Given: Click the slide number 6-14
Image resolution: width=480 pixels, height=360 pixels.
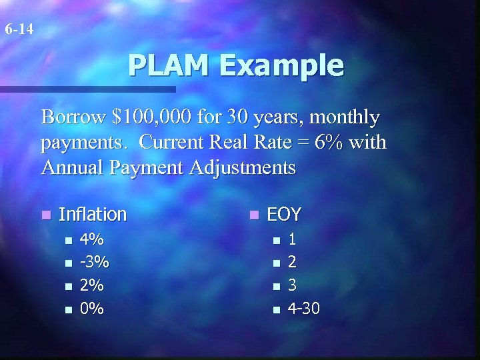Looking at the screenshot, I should tap(19, 29).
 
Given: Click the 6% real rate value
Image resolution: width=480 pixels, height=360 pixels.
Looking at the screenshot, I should tap(327, 143).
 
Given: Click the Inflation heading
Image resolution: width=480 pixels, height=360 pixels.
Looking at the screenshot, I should tap(93, 214).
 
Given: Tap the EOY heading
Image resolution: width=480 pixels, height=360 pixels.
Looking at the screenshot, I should tap(284, 214).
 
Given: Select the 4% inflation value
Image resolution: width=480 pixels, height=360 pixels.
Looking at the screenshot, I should tap(91, 239).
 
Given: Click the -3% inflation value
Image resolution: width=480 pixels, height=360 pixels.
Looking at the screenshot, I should tap(94, 262).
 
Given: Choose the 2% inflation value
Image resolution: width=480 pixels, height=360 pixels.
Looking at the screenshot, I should tap(91, 285).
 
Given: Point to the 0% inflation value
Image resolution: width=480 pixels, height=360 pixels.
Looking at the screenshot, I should tap(91, 309).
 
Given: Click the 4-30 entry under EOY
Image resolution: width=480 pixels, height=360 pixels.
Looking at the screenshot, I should tap(303, 309).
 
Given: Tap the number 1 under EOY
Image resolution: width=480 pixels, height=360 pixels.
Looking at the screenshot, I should tap(292, 239).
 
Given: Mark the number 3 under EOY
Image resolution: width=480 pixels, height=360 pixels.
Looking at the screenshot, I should tap(292, 285).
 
